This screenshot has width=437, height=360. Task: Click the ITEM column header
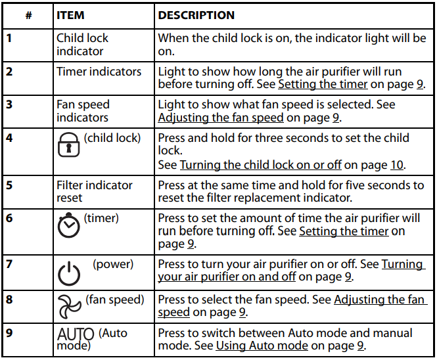pos(70,15)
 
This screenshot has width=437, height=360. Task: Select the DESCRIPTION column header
pos(196,15)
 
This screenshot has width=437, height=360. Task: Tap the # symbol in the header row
pos(28,15)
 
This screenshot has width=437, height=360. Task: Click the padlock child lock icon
pos(68,145)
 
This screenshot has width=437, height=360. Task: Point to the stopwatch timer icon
pos(68,225)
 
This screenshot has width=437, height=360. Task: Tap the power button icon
pos(69,274)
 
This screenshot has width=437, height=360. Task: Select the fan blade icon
pos(69,307)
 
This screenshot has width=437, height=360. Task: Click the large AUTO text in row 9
pos(76,334)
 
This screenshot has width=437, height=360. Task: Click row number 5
pos(9,185)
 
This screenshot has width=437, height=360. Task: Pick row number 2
pos(9,72)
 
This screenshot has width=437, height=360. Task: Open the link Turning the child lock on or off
pos(261,165)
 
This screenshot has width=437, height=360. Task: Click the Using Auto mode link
pos(262,346)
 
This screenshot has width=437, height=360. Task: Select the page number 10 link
pos(397,165)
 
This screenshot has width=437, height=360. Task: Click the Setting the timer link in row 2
pos(323,84)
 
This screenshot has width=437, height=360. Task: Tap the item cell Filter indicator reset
pos(95,191)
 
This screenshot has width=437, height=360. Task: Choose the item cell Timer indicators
pos(99,72)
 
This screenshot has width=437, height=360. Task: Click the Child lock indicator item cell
pos(82,45)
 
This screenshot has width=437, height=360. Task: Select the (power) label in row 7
pos(113,264)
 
